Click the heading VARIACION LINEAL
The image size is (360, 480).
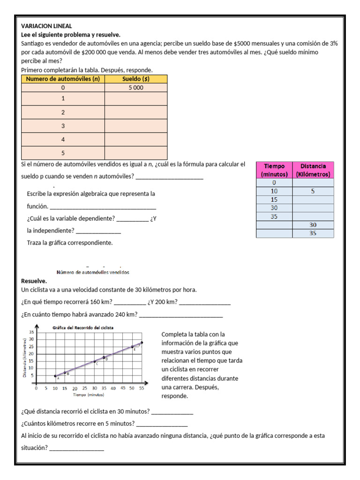tap(47, 26)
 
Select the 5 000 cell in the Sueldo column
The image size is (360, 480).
tap(136, 88)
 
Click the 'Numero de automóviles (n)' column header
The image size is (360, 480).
tap(63, 79)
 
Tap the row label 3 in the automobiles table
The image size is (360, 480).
tap(63, 126)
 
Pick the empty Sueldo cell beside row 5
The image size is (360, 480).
tap(136, 153)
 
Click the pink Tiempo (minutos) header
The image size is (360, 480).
tap(274, 170)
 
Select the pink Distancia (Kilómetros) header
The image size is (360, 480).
tap(313, 170)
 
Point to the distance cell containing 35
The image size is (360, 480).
tap(313, 233)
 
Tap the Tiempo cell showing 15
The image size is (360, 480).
tap(274, 200)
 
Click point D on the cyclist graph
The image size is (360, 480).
tap(104, 357)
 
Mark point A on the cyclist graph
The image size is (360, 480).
tap(55, 375)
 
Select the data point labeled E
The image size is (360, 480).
tap(132, 347)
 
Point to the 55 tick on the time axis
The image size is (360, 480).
tap(142, 388)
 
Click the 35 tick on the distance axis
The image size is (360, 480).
tap(31, 332)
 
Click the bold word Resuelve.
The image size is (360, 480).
tap(34, 281)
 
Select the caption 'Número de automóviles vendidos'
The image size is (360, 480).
tap(93, 272)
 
